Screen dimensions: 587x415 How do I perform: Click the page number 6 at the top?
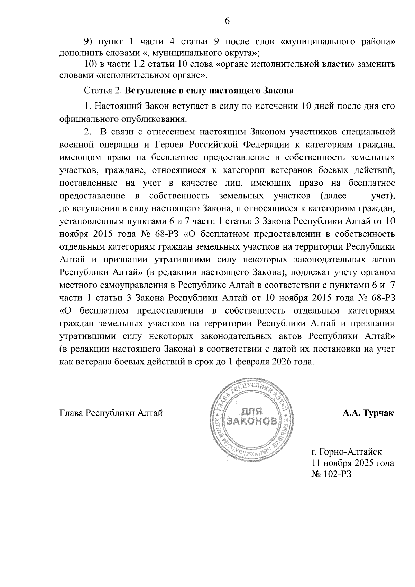tap(227, 21)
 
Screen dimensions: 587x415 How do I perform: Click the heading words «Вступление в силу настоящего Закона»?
tap(209, 91)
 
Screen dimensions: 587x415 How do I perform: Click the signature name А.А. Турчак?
tap(368, 413)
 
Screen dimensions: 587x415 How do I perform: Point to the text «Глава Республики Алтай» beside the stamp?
tap(111, 413)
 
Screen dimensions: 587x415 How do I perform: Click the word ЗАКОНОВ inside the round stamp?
tap(251, 421)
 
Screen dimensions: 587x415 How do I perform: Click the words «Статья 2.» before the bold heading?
tap(103, 91)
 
